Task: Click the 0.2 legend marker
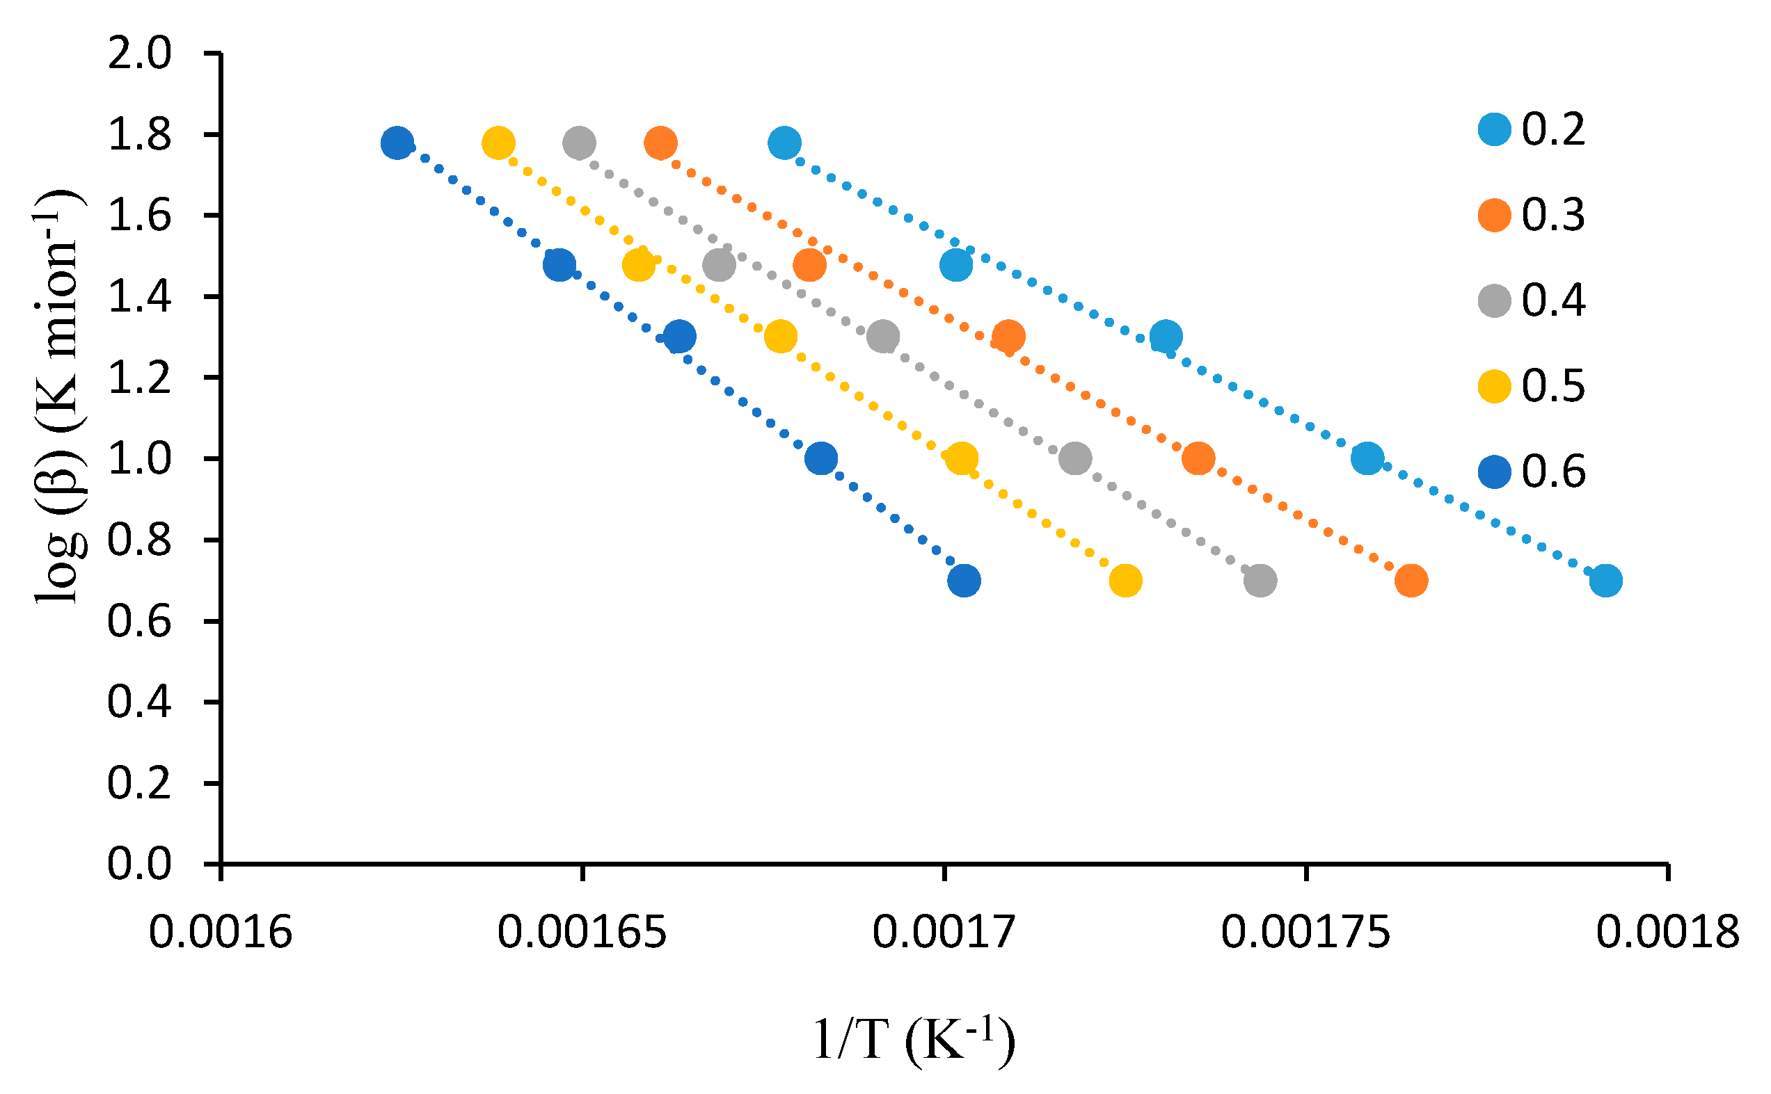tap(1495, 129)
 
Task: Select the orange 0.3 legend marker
tap(1495, 215)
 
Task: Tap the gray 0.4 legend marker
tap(1495, 300)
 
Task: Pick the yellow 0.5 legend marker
tap(1495, 386)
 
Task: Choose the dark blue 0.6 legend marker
tap(1495, 471)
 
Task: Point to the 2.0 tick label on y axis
tap(139, 54)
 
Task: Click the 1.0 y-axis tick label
tap(139, 460)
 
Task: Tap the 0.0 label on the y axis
tap(139, 864)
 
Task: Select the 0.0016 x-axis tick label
tap(220, 933)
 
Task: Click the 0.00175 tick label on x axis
tap(1305, 933)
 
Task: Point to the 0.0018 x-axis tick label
tap(1667, 933)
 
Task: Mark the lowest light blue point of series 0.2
tap(1605, 580)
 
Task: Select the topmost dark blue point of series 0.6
tap(397, 143)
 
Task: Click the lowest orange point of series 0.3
tap(1411, 580)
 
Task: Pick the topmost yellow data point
tap(498, 143)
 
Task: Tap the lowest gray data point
tap(1260, 580)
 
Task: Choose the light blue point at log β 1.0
tap(1367, 458)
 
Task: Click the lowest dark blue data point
tap(964, 580)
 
